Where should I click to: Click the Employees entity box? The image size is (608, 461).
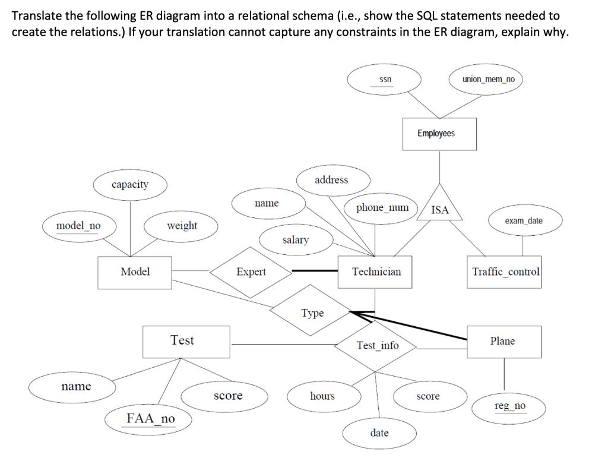436,134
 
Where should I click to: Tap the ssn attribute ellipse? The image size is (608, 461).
385,79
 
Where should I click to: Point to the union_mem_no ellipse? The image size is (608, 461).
488,79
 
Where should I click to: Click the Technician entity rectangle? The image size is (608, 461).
376,272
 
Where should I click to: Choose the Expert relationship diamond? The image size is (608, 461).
251,272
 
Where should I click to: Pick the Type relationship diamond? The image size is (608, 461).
312,313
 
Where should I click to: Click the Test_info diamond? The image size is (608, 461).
377,345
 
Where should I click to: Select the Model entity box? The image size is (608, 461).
135,272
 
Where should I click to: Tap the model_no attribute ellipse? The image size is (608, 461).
78,226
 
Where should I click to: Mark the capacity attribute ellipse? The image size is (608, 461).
130,184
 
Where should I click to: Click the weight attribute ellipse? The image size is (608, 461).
182,226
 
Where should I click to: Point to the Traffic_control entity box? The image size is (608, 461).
505,272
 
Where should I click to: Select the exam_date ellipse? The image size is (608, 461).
523,221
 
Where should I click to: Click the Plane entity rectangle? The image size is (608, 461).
503,341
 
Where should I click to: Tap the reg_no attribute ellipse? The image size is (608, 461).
509,406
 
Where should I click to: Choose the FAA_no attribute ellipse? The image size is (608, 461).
151,419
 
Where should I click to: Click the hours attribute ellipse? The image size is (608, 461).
322,396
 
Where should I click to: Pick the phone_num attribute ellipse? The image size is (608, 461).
382,208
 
